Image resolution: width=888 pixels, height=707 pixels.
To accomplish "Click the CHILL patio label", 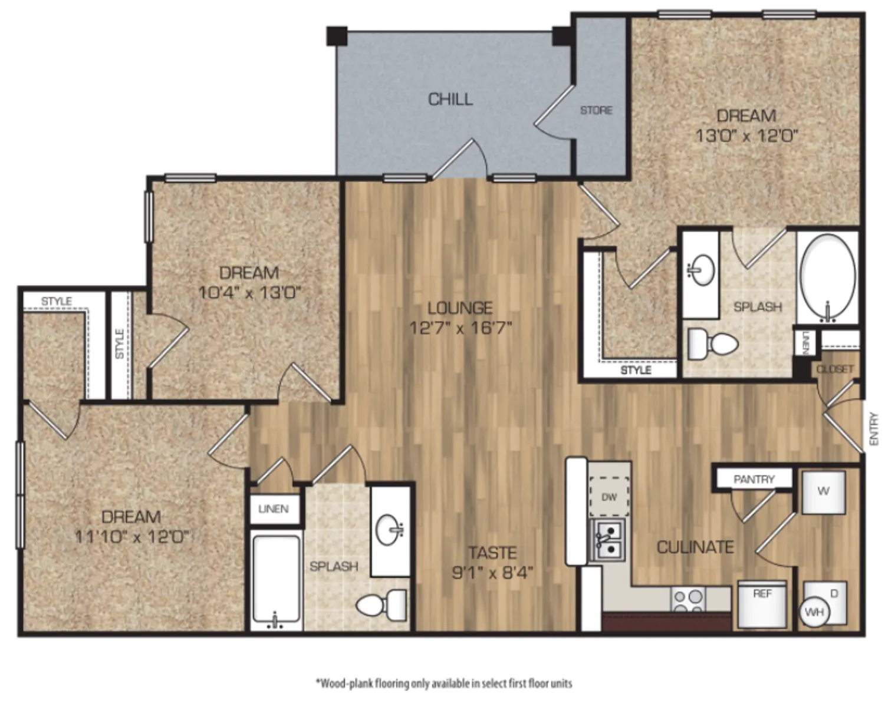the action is (x=450, y=100).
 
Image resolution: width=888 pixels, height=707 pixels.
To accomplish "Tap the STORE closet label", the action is (x=596, y=111).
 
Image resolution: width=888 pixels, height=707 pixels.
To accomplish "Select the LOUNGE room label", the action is (x=460, y=308).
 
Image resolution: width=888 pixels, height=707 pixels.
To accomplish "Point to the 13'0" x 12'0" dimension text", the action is (x=746, y=136).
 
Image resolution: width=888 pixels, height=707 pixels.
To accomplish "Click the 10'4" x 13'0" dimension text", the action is (x=250, y=293).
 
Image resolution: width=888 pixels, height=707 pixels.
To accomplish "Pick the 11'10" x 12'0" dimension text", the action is (x=132, y=537).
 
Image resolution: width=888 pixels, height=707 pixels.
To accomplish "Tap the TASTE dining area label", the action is (x=492, y=553).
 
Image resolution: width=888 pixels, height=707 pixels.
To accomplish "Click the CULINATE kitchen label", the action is (x=695, y=547).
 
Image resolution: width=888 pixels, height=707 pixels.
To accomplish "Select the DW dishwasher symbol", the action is (x=609, y=497).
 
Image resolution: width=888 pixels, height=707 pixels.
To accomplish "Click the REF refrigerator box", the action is (x=762, y=604).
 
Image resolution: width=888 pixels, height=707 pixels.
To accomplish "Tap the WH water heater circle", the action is (x=814, y=613).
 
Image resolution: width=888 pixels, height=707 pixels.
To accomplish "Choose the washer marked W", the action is (x=824, y=493).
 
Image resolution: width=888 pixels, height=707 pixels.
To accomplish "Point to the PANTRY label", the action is (x=754, y=480).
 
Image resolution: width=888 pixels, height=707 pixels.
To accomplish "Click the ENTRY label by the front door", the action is (x=874, y=429).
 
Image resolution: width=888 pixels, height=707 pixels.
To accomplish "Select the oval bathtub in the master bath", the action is (x=827, y=277).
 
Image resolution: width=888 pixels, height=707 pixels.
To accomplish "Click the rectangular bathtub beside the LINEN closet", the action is (x=276, y=579).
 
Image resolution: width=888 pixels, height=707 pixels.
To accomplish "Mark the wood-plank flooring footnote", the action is (x=444, y=683).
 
